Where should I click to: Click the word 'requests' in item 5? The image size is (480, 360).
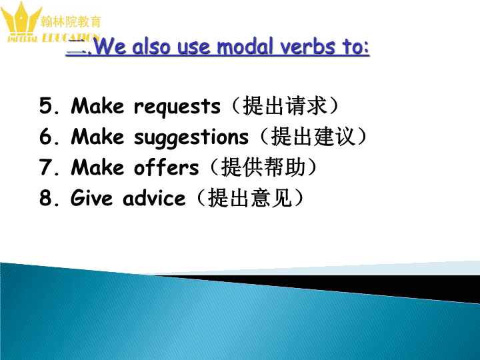pos(177,107)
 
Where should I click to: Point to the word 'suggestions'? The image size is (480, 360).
pos(191,137)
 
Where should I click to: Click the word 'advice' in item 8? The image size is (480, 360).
pos(154,198)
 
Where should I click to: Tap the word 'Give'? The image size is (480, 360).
pos(91,198)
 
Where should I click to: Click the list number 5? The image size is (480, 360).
pos(46,105)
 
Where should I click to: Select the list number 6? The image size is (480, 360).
pos(46,136)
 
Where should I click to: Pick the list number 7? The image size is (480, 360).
pos(46,167)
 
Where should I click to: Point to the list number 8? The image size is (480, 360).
pos(46,197)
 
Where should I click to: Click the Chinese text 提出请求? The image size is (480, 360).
pos(285,105)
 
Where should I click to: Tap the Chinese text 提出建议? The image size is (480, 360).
pos(313,136)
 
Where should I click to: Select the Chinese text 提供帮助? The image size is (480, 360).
pos(263,167)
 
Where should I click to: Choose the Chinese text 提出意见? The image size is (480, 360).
pos(250,197)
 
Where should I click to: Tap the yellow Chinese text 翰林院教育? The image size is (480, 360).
pos(71,22)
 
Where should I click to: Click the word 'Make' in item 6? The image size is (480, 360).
pos(97,136)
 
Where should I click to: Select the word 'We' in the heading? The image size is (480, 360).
pos(109,46)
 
